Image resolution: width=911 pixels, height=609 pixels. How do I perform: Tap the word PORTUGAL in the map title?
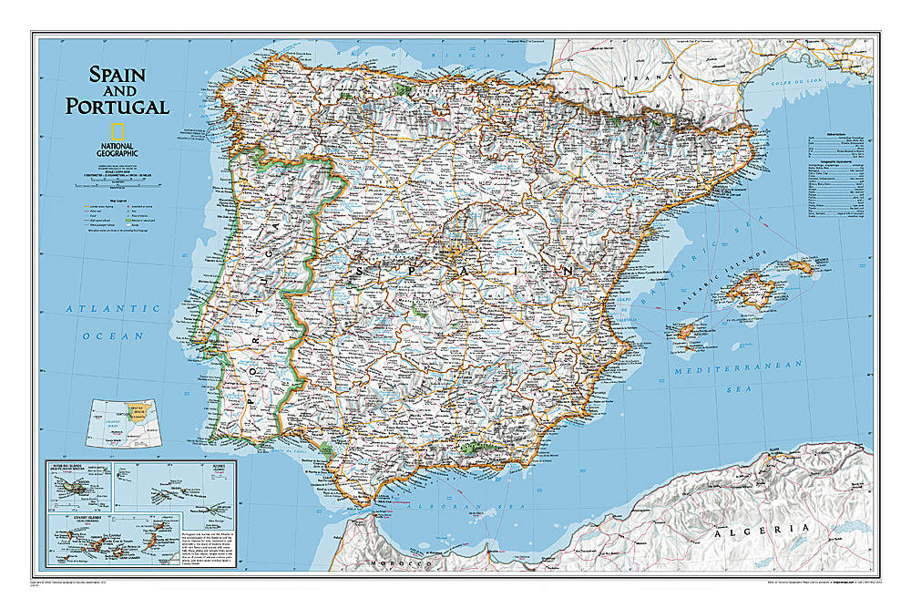pyautogui.click(x=117, y=107)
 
